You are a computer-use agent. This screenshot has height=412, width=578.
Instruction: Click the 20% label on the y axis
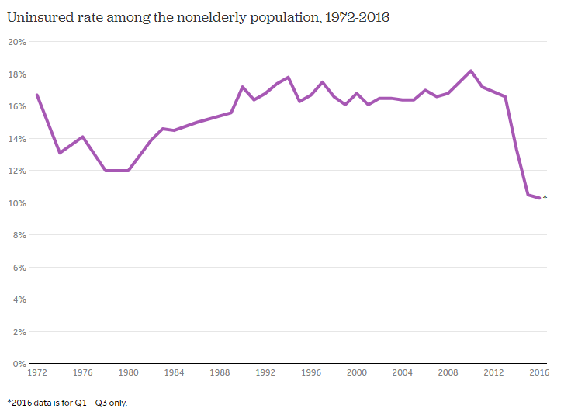coord(17,42)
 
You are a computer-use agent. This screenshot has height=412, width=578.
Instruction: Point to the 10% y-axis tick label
coord(17,203)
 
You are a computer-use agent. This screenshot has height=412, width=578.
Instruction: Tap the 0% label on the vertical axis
coord(19,364)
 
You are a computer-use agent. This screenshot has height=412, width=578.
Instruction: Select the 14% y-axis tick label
coord(17,139)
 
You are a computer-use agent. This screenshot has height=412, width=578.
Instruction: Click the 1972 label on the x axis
coord(36,373)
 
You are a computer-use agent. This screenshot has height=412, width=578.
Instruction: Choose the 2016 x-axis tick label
coord(539,373)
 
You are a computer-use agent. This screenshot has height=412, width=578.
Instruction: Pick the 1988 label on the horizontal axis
coord(220,373)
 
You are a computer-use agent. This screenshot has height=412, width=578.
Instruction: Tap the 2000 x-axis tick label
coord(357,373)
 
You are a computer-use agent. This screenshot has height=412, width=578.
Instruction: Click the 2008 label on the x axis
coord(448,373)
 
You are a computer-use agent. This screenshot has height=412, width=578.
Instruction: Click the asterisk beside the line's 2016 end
coord(545,197)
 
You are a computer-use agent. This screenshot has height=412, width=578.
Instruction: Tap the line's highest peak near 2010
coord(471,71)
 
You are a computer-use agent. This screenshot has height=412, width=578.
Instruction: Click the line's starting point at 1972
coord(36,95)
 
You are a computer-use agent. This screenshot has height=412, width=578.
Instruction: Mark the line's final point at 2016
coord(539,198)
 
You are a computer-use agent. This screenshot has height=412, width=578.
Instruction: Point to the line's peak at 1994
coord(288,77)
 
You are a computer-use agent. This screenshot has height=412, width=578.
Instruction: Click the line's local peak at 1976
coord(82,137)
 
